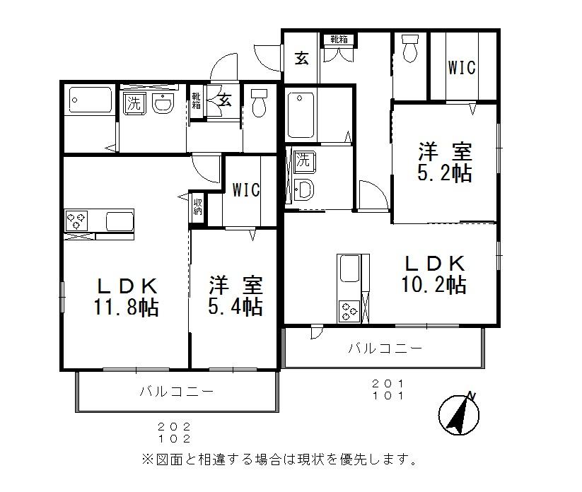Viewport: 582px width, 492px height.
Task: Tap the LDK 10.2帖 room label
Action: pos(434,274)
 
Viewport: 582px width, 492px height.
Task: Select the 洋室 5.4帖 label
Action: pos(235,297)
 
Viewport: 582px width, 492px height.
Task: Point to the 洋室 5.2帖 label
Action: pos(445,163)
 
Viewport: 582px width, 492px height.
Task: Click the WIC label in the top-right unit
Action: pos(461,68)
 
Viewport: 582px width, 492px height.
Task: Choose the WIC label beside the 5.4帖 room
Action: pos(246,190)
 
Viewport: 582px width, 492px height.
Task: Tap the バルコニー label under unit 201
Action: pos(385,348)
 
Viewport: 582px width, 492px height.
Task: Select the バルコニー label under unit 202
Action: pos(176,391)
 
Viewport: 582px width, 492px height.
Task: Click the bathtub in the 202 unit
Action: pos(91,103)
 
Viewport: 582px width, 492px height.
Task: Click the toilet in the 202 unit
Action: pos(259,103)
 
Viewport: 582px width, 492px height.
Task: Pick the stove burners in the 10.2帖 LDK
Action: pos(349,308)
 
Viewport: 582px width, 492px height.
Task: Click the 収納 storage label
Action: pos(197,206)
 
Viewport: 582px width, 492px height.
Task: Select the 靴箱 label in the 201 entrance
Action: pos(338,40)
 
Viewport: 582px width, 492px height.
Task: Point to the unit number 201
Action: pos(388,384)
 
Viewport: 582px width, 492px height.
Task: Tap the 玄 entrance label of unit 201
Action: pos(302,58)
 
